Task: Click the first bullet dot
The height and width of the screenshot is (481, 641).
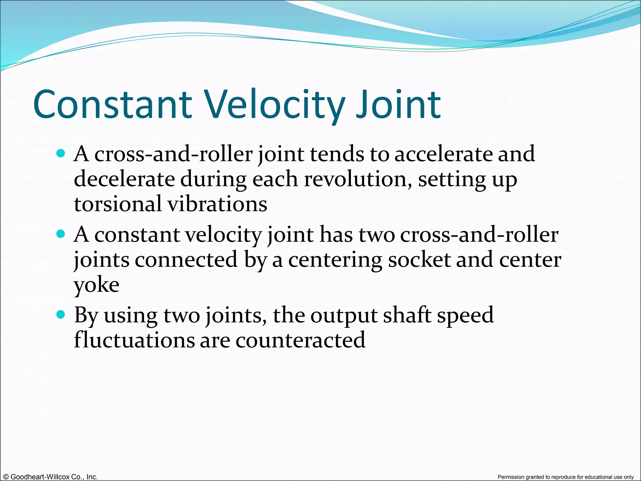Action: click(61, 153)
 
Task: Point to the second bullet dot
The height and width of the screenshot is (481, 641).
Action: click(61, 234)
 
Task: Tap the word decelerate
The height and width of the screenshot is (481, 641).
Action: click(124, 179)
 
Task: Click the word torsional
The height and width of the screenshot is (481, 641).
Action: click(118, 204)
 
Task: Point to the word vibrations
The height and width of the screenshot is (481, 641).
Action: click(217, 204)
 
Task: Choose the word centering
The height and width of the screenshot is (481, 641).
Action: click(335, 260)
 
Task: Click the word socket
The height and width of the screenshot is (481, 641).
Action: click(419, 260)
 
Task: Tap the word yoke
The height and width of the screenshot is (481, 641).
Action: click(96, 285)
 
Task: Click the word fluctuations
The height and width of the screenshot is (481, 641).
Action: click(134, 340)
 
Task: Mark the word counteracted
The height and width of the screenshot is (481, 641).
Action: click(300, 340)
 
